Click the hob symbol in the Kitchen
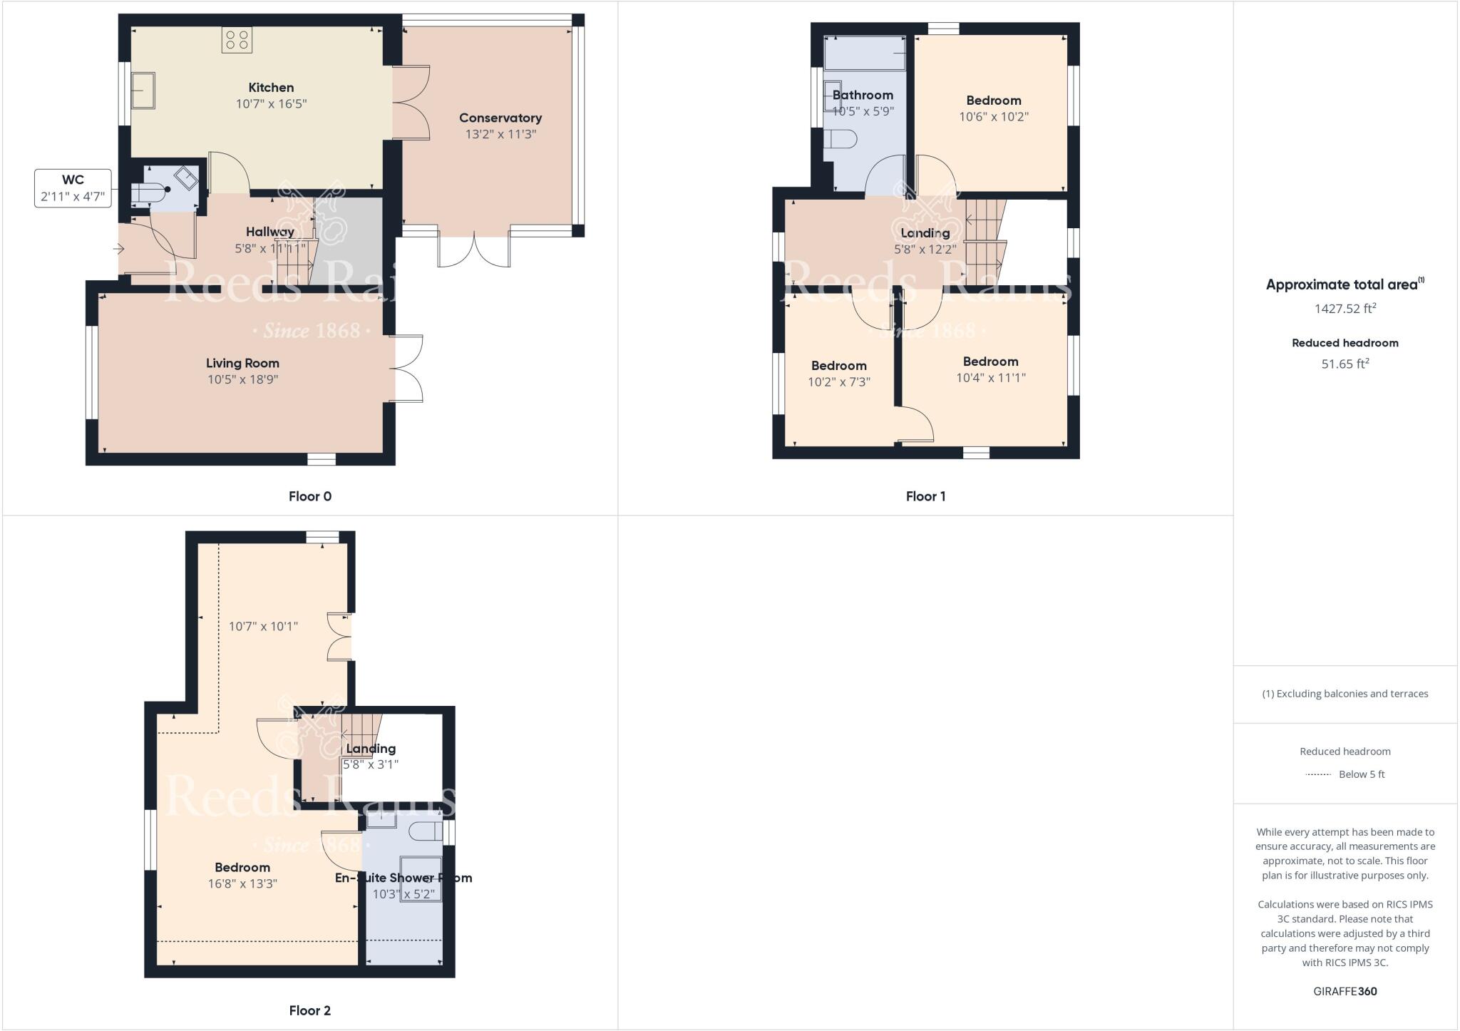coord(237,40)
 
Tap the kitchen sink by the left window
coord(143,90)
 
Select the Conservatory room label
coord(500,118)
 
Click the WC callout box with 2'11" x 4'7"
coord(73,188)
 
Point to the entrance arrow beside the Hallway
coord(119,249)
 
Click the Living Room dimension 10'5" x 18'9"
coord(242,379)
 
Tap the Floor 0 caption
coord(309,496)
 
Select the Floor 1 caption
coord(925,496)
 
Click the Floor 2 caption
coord(309,1010)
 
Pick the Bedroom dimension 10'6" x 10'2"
coord(994,116)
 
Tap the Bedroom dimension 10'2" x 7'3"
coord(838,381)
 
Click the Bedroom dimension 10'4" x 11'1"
coord(990,377)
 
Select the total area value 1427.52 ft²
coord(1345,309)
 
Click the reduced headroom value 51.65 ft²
coord(1345,364)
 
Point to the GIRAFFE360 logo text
coord(1345,991)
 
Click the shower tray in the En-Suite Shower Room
coord(421,878)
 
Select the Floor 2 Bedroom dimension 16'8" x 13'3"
coord(242,883)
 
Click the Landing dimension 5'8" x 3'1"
coord(370,764)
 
